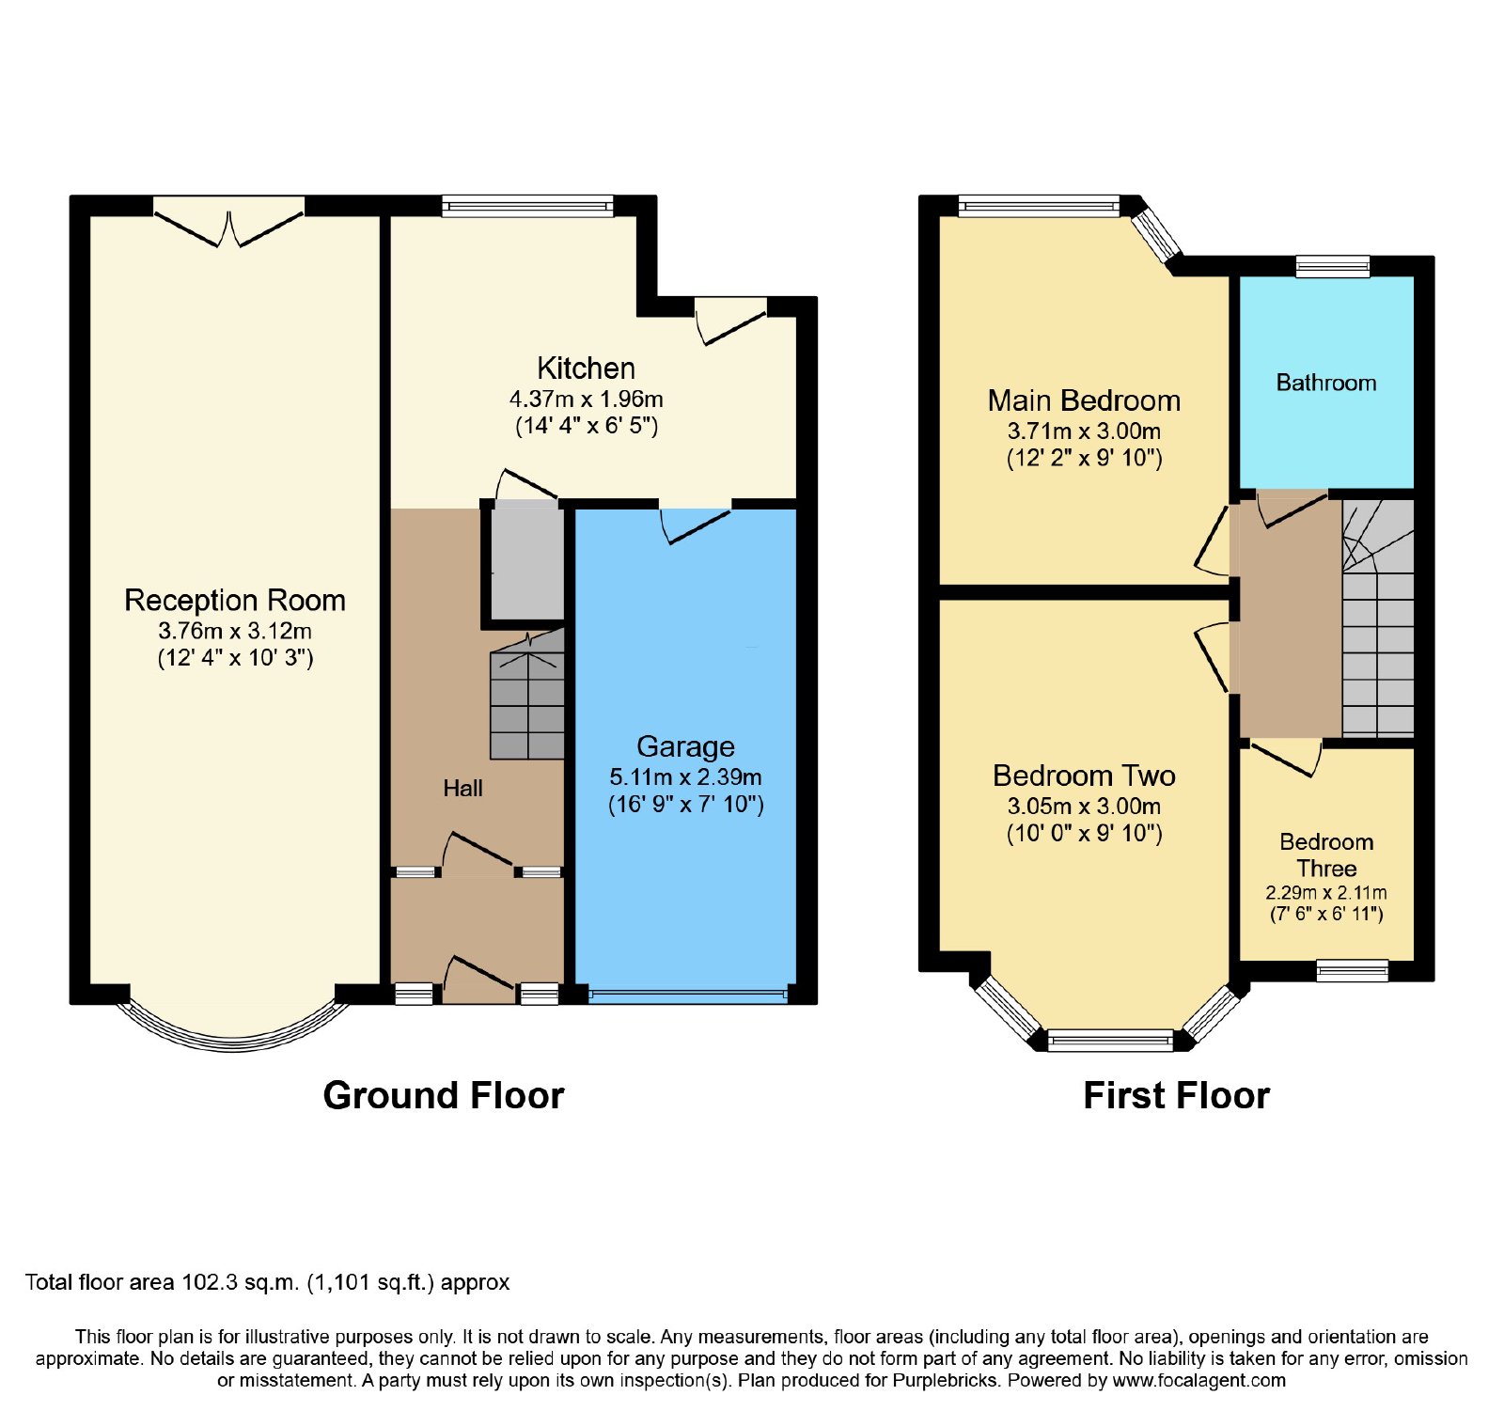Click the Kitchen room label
click(586, 368)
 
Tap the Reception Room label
click(235, 600)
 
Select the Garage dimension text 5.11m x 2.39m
click(685, 776)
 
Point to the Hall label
click(462, 788)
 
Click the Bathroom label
click(1325, 383)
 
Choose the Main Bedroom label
click(1084, 400)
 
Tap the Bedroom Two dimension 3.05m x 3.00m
click(1084, 806)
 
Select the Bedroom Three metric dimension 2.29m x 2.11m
click(1325, 892)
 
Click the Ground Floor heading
click(443, 1095)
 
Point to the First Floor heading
click(1176, 1095)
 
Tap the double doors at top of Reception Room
click(228, 222)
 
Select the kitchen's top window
click(527, 206)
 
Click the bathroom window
click(1332, 266)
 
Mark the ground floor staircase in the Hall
click(527, 695)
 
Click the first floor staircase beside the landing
click(1377, 618)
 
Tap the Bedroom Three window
click(1352, 970)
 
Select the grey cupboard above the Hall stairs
click(527, 563)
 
